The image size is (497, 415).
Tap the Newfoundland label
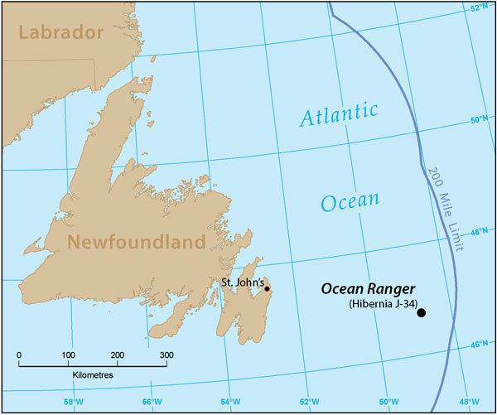[x=135, y=242]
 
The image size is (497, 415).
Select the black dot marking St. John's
[x=267, y=289]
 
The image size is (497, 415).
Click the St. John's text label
[x=242, y=282]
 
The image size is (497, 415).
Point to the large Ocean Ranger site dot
[x=422, y=312]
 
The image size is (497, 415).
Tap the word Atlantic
[x=340, y=116]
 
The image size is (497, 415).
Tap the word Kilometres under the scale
[x=91, y=375]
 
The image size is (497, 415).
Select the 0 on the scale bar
[x=19, y=355]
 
